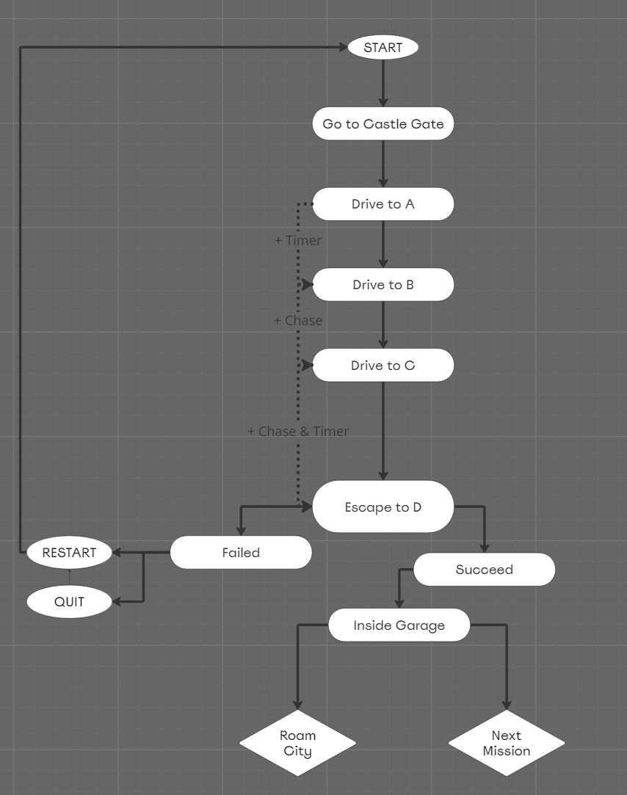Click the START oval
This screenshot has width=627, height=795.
click(383, 48)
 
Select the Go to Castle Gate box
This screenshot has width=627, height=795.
click(383, 124)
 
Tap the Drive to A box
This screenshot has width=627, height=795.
click(383, 204)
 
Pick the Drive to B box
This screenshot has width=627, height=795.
click(383, 285)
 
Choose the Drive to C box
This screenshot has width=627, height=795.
click(383, 366)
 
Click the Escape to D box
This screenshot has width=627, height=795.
click(383, 507)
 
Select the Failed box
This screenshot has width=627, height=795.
click(241, 553)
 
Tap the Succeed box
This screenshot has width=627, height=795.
click(484, 570)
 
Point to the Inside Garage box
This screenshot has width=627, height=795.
click(399, 625)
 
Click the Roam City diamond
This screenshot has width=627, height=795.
click(297, 743)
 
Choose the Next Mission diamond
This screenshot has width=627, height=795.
click(506, 743)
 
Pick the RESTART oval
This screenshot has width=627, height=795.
click(69, 553)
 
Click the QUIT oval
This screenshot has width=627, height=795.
click(69, 602)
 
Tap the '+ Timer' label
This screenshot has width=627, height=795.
click(297, 241)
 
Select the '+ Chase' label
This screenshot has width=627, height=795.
click(297, 321)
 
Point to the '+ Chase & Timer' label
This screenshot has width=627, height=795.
click(297, 432)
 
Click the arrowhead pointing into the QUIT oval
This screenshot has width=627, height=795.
click(117, 602)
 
